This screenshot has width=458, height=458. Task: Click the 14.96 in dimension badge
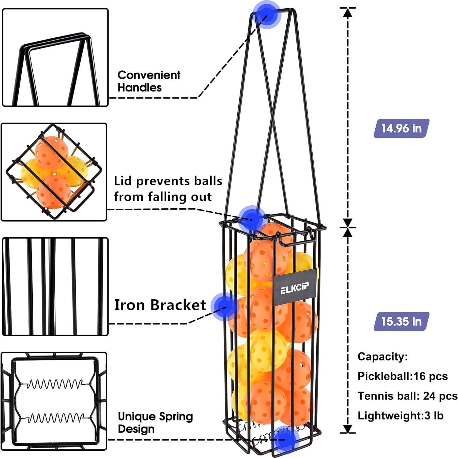[401, 128]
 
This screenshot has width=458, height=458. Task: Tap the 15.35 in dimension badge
[401, 321]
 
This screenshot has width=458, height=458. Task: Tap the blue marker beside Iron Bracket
[225, 306]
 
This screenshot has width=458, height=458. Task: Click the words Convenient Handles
[149, 81]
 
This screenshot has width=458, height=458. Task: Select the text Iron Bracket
[160, 305]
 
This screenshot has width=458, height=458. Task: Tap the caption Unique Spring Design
[155, 423]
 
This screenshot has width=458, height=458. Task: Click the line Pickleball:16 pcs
[402, 376]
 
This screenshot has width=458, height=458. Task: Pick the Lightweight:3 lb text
[400, 415]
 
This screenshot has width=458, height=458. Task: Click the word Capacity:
[382, 356]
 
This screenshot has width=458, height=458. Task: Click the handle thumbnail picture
[55, 58]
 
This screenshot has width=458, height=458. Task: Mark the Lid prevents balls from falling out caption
[168, 189]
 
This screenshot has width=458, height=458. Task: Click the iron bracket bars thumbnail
[55, 286]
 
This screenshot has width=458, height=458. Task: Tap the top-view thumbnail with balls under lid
[54, 172]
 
